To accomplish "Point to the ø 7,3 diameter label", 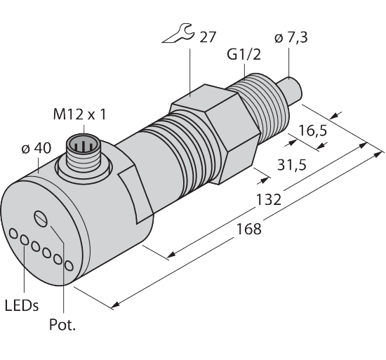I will (x=291, y=41).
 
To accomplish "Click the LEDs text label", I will (x=22, y=306).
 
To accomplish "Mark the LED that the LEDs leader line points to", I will (x=25, y=241).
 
